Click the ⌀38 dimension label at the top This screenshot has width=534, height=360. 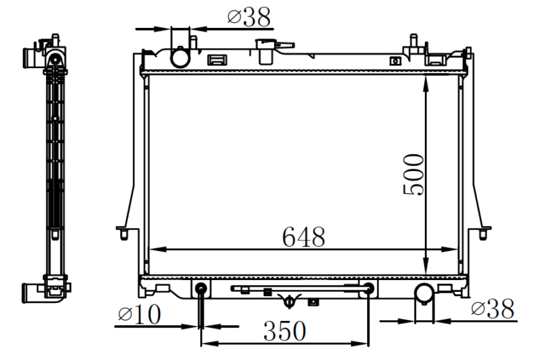click(249, 17)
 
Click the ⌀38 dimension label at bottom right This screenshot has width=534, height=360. click(492, 309)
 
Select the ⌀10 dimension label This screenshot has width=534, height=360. click(139, 314)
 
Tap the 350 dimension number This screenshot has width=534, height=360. click(284, 331)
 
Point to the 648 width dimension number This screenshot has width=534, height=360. click(303, 237)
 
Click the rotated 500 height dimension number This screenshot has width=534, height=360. click(414, 175)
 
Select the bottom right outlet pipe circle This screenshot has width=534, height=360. click(424, 293)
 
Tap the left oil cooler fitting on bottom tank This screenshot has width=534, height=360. click(201, 288)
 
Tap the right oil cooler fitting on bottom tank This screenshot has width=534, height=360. click(369, 288)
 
